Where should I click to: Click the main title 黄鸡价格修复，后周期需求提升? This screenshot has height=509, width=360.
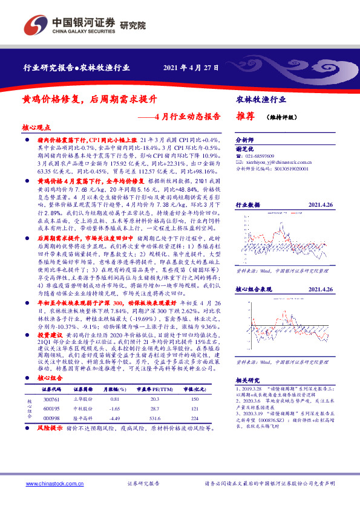90,99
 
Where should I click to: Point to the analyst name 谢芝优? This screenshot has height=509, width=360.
244,147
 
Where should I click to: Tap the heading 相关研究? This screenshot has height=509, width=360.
248,362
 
